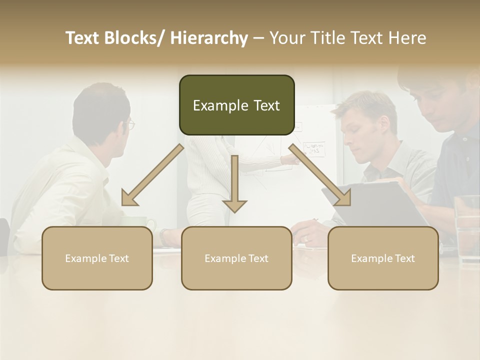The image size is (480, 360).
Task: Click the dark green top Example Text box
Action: click(x=236, y=105)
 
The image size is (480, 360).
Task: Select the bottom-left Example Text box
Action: click(x=97, y=258)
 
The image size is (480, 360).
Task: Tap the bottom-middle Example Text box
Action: click(x=236, y=258)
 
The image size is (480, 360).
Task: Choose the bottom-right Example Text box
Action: click(x=383, y=258)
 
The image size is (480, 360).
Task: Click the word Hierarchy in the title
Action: click(x=209, y=38)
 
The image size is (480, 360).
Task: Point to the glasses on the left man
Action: click(x=131, y=124)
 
